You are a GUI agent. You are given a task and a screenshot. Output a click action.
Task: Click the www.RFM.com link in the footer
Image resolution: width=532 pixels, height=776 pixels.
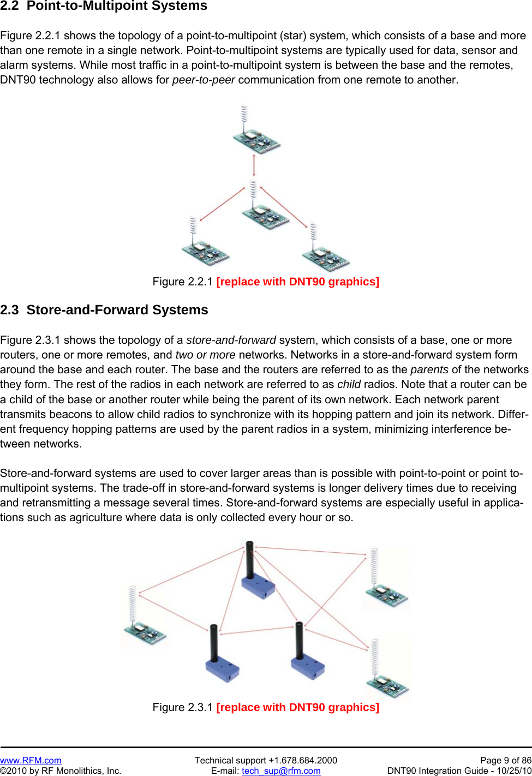pyautogui.click(x=31, y=760)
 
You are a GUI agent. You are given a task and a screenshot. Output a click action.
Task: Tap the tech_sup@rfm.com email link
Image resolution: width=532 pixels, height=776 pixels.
pyautogui.click(x=281, y=771)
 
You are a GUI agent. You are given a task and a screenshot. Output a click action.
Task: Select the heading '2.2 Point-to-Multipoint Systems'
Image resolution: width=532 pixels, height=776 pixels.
pyautogui.click(x=104, y=6)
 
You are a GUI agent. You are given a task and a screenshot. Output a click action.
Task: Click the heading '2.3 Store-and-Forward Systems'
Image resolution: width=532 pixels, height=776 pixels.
pyautogui.click(x=104, y=310)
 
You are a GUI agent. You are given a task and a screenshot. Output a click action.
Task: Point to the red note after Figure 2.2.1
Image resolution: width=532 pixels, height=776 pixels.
pyautogui.click(x=297, y=282)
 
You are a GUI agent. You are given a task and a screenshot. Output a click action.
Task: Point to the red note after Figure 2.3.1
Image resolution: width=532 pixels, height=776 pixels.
pyautogui.click(x=297, y=707)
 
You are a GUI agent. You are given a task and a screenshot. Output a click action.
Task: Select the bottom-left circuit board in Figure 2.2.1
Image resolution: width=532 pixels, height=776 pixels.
pyautogui.click(x=205, y=252)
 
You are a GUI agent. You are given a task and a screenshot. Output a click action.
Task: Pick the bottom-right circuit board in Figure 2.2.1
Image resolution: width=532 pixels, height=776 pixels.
pyautogui.click(x=326, y=257)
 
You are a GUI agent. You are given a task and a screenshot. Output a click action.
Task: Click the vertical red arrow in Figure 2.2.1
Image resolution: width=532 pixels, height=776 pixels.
pyautogui.click(x=254, y=165)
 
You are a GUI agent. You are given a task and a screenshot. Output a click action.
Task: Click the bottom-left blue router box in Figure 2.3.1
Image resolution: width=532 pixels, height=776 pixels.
pyautogui.click(x=222, y=669)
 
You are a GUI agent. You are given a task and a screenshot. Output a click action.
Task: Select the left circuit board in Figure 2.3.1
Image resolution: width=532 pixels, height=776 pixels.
pyautogui.click(x=144, y=633)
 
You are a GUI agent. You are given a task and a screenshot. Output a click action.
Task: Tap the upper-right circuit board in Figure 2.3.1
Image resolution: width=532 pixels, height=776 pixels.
pyautogui.click(x=386, y=595)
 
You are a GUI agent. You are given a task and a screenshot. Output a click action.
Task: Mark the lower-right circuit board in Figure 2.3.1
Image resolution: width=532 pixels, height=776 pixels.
pyautogui.click(x=387, y=685)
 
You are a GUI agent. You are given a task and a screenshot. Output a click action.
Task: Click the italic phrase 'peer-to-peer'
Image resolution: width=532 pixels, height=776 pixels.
pyautogui.click(x=204, y=80)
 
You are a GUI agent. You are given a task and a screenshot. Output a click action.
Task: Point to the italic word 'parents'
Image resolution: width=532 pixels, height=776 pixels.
pyautogui.click(x=429, y=369)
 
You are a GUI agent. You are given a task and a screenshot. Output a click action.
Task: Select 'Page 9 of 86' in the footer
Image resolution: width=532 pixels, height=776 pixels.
pyautogui.click(x=505, y=760)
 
